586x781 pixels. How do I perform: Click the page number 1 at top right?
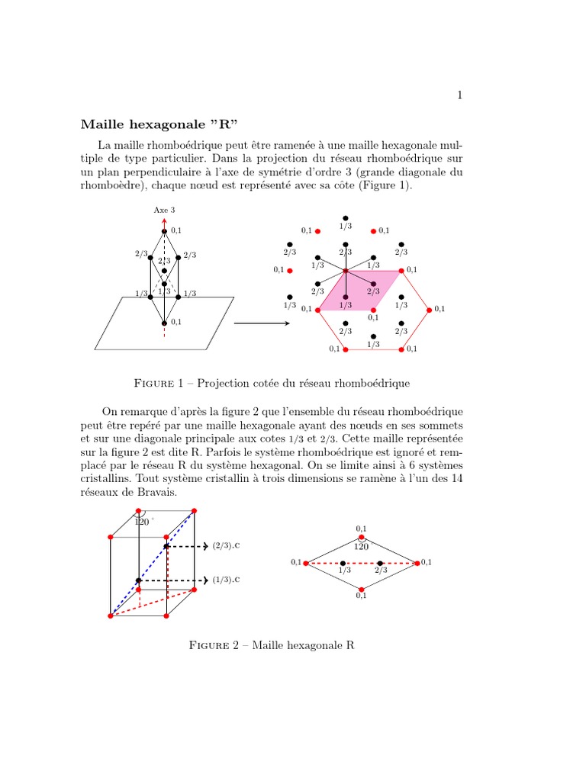click(x=459, y=95)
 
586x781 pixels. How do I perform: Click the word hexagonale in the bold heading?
click(x=160, y=124)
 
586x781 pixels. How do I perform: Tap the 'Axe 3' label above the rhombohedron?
click(x=164, y=210)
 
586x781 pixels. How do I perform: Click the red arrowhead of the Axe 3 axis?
click(x=164, y=220)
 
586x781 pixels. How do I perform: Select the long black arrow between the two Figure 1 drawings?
click(x=261, y=323)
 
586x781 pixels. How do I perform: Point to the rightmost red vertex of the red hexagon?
click(x=429, y=310)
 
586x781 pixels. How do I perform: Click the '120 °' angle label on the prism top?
click(x=143, y=522)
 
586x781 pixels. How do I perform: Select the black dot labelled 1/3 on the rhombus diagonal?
click(x=343, y=563)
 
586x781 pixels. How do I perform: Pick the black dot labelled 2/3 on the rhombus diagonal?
click(x=380, y=563)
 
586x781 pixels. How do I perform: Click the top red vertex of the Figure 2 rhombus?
click(x=362, y=537)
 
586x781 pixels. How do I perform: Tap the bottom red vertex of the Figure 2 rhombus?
click(x=362, y=589)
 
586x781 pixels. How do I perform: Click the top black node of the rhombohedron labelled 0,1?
click(x=164, y=231)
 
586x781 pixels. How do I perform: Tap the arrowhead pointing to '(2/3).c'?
click(x=206, y=546)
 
